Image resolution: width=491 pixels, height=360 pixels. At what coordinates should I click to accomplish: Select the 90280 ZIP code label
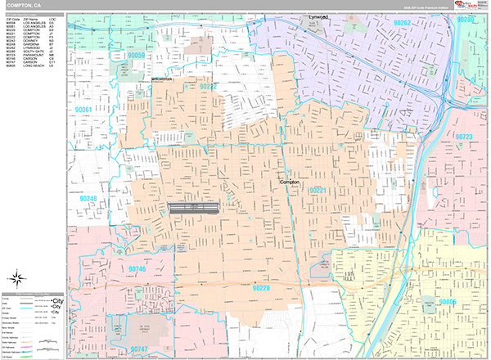[466, 18]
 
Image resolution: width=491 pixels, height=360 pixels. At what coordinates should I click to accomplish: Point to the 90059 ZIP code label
[135, 56]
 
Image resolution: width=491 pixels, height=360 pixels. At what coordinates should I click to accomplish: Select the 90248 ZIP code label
[88, 198]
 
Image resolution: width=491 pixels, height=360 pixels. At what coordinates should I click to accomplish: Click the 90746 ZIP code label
[136, 268]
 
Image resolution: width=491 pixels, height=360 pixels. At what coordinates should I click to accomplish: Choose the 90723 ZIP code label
[464, 137]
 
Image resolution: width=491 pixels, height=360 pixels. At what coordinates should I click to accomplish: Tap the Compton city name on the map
[291, 182]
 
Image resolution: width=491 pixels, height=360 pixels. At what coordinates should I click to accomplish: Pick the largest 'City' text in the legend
[56, 300]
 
